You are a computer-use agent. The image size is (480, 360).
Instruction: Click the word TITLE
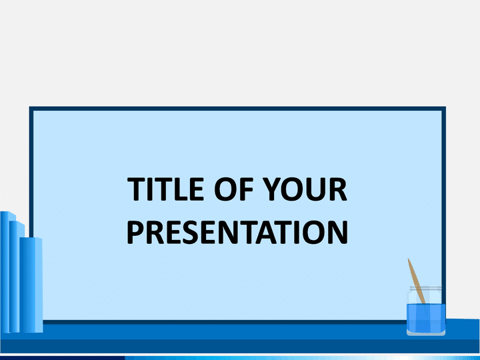[165, 189]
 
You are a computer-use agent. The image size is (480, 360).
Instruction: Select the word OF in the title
[234, 189]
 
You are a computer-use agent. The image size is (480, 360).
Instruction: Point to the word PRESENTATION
[237, 232]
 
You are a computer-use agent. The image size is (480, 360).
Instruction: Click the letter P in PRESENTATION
[135, 232]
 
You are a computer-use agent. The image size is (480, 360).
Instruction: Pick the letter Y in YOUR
[273, 189]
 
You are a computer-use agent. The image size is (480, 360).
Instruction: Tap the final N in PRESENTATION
[338, 232]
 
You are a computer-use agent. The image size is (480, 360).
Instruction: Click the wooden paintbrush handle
[416, 281]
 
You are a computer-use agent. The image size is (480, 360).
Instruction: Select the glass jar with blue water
[426, 311]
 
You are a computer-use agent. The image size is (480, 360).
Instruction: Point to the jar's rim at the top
[426, 288]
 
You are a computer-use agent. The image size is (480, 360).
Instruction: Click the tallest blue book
[6, 272]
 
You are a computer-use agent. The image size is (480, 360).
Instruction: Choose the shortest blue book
[31, 285]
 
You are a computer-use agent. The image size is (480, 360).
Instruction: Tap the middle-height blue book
[15, 277]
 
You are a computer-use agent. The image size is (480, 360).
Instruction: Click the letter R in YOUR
[338, 189]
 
